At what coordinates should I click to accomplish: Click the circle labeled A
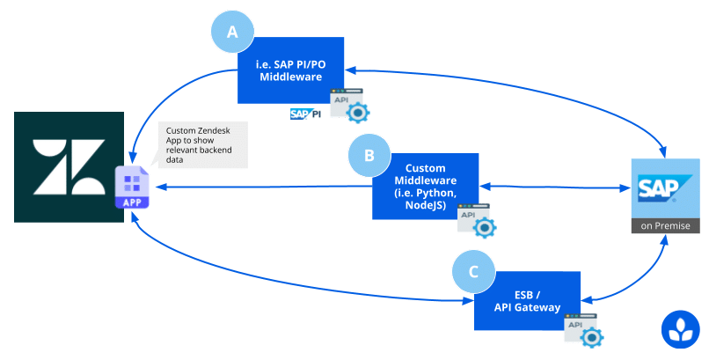click(232, 32)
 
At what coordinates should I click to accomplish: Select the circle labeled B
click(369, 155)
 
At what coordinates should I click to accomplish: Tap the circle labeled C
click(473, 272)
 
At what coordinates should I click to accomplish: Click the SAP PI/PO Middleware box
click(291, 70)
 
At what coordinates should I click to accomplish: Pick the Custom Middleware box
click(425, 187)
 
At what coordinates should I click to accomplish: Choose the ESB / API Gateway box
click(527, 301)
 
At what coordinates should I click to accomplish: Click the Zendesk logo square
click(69, 167)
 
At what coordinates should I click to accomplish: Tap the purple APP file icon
click(132, 187)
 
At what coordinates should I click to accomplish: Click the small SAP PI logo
click(305, 114)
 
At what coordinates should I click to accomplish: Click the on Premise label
click(665, 225)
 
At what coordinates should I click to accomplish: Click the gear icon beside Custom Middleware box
click(485, 227)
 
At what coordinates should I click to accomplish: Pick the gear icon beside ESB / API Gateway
click(591, 337)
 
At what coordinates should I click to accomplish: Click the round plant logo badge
click(681, 330)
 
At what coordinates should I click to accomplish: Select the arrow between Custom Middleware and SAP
click(555, 187)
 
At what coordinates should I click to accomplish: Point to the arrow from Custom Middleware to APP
click(265, 187)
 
